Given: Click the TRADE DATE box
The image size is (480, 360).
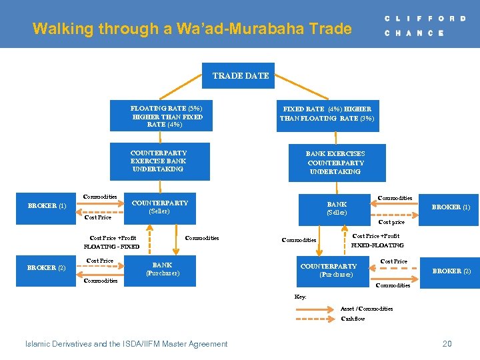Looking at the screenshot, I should coord(240,75).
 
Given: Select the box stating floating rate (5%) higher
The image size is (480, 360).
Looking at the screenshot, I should coord(167,116).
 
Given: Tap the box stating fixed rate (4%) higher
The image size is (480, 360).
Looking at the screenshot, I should coord(327,114).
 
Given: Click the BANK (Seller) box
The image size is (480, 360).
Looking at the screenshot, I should coord(336,209).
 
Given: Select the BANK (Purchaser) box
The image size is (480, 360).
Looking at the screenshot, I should coord(162,270).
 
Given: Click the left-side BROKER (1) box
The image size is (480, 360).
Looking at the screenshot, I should coord(47,206).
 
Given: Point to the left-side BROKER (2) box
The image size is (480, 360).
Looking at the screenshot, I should coord(47,268).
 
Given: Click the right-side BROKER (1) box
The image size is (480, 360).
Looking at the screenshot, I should coord(451,207).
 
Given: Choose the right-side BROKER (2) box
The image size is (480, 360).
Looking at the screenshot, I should coord(451,271).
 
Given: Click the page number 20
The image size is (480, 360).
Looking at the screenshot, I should coord(447,344).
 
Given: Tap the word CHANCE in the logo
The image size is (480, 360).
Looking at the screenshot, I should coord(414,33).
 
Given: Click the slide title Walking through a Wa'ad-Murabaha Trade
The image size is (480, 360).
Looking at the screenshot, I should coord(192,29).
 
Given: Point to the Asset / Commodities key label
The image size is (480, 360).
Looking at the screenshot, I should coord(367,309).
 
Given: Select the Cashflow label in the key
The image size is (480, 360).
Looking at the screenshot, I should coord(353,319).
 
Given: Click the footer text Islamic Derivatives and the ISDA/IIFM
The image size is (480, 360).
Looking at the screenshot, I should coord(126,344).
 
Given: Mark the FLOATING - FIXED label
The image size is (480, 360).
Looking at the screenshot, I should coord(111,247).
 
